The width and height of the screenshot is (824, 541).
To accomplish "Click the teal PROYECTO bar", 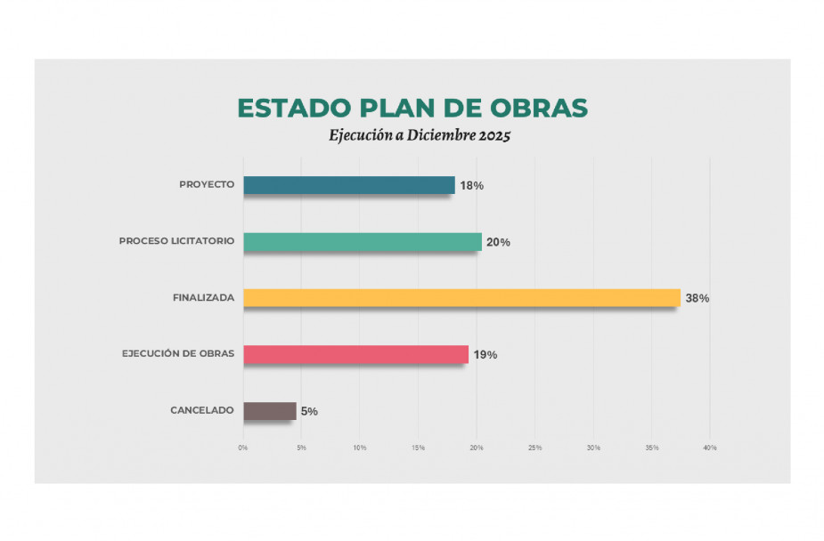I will [348, 185].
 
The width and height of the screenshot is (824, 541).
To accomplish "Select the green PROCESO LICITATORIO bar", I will [362, 241].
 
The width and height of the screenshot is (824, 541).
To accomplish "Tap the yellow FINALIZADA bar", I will [461, 298].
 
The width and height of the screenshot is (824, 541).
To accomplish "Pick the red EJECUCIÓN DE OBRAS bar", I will [355, 354].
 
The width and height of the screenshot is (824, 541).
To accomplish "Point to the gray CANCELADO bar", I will [269, 410].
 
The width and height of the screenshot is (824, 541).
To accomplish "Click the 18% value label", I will [471, 186].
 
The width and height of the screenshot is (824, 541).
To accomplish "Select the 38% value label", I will [697, 298].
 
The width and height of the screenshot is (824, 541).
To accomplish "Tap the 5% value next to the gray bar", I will [309, 411].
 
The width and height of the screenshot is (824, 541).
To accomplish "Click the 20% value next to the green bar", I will [498, 242].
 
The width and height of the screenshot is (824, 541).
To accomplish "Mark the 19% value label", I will [485, 355].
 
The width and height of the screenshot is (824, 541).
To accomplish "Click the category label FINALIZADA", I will [203, 298].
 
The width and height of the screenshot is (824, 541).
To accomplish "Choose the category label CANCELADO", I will [202, 410].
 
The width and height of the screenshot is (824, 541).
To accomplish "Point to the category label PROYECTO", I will [207, 185].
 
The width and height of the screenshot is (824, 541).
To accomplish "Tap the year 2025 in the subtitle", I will [494, 137].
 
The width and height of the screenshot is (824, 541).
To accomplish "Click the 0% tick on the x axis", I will [243, 448].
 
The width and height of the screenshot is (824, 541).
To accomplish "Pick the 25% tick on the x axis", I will [535, 448].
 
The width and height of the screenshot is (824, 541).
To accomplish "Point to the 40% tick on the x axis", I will [710, 448].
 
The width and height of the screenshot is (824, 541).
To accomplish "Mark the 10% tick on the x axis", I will [360, 448].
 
